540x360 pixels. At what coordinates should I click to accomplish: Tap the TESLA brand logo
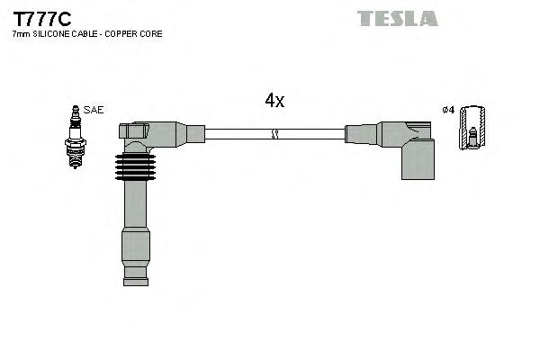coord(397,18)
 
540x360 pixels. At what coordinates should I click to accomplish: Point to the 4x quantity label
coord(274,102)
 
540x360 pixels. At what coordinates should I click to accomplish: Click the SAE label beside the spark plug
coord(94,110)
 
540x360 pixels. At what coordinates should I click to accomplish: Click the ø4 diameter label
coord(447,110)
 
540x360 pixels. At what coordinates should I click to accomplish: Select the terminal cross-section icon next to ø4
coord(472,128)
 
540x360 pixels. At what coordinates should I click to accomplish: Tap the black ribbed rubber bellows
coord(135,167)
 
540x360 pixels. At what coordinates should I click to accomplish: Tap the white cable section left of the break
coord(238,134)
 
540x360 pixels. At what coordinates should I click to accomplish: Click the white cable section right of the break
coord(311,134)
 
